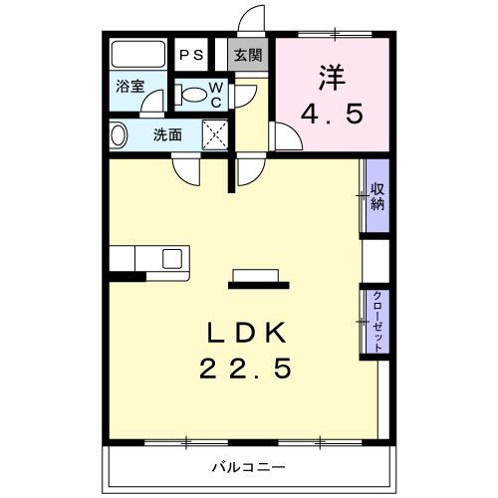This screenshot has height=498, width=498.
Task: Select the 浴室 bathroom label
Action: coord(129,86)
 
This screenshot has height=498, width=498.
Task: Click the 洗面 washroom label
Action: coord(166,134)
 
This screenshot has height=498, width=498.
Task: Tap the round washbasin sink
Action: coord(119,134)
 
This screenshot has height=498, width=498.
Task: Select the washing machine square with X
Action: coord(216,133)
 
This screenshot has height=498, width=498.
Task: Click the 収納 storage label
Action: coord(377,197)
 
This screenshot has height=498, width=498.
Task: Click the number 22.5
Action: coord(248,370)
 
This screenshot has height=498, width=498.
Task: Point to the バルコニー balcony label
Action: coord(248,465)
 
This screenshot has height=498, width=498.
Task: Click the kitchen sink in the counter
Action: coord(172,258)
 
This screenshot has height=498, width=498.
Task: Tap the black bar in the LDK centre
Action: coord(258,285)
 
